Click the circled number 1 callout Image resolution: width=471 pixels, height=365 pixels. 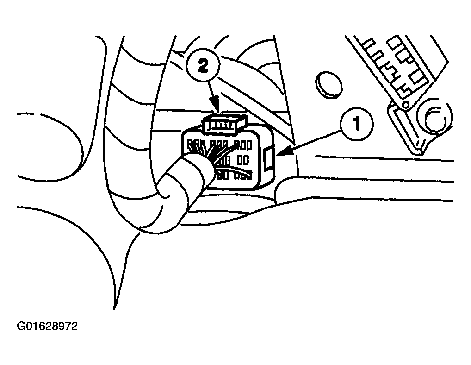point(357,124)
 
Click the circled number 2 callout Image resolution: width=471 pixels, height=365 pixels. point(203,67)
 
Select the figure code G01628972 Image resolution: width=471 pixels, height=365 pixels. point(48,326)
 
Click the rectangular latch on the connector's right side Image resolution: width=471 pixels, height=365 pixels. point(268,158)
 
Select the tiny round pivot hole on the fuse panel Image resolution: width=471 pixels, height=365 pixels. point(405,105)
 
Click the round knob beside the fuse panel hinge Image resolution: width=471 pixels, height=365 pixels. point(434,117)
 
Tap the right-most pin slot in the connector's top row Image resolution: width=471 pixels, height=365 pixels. point(249,146)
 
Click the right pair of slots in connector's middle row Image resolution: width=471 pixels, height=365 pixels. point(243,161)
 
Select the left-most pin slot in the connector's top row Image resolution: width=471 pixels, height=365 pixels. point(190,145)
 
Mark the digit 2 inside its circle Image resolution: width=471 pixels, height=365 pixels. point(203,67)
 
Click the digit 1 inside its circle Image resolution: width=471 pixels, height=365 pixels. point(357,124)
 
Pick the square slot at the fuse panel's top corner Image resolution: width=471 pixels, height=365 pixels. point(394,42)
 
